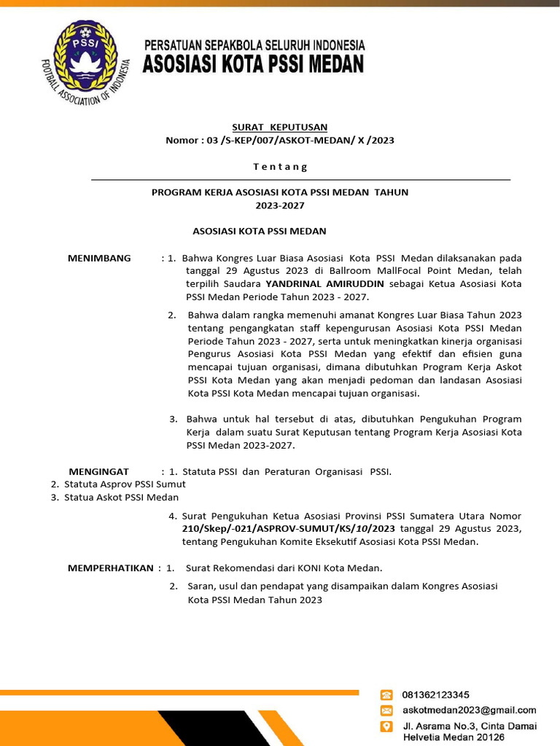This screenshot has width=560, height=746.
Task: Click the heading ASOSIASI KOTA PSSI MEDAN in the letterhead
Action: tap(252, 65)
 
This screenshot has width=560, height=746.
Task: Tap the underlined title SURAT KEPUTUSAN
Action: tap(279, 127)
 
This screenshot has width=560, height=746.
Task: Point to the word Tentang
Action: tap(280, 167)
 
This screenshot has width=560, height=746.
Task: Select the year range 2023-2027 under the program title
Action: tap(279, 205)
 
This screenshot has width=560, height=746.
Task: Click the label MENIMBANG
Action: tap(99, 258)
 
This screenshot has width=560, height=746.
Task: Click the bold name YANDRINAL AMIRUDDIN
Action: tap(324, 284)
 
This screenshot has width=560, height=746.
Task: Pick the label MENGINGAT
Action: tap(98, 471)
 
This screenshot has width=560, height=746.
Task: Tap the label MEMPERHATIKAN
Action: tap(110, 568)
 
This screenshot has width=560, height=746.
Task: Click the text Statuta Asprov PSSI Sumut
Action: tap(125, 484)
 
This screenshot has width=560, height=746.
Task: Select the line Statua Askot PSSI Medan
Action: tap(121, 498)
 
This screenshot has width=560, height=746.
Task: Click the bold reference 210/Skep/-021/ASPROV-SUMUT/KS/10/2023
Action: tap(289, 528)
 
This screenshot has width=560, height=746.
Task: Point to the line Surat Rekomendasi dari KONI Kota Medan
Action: tap(284, 568)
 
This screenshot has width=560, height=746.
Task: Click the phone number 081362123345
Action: tap(436, 695)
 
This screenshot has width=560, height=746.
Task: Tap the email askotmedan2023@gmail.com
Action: tap(469, 710)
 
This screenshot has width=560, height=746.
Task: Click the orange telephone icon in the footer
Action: tap(386, 695)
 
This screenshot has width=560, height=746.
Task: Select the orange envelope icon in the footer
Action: tap(386, 710)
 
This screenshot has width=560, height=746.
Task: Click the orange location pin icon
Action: tap(386, 727)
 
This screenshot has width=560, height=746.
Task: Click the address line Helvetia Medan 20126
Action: tap(453, 737)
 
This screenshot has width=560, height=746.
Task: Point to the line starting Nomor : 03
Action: tap(279, 141)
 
